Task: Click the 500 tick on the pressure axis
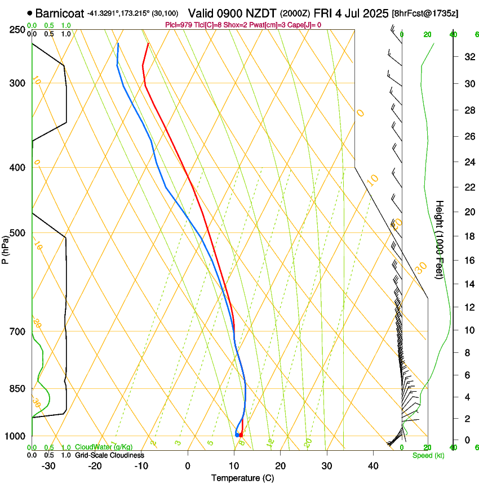[18, 233]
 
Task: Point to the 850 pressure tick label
[18, 389]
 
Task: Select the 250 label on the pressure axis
[18, 29]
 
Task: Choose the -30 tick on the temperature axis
[48, 466]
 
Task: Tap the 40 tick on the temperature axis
[372, 466]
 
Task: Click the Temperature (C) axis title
[243, 478]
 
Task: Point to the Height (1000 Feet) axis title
[440, 240]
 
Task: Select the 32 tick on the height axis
[468, 57]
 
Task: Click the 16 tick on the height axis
[468, 261]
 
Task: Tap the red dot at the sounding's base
[241, 435]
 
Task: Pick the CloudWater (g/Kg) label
[96, 447]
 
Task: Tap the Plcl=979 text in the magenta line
[180, 25]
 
